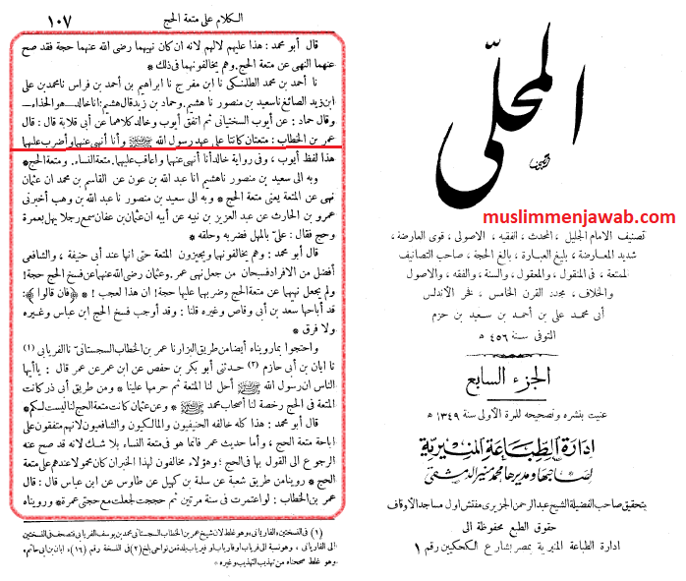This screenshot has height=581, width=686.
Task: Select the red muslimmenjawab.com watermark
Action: click(577, 217)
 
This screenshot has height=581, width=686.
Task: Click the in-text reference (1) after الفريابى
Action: click(24, 350)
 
